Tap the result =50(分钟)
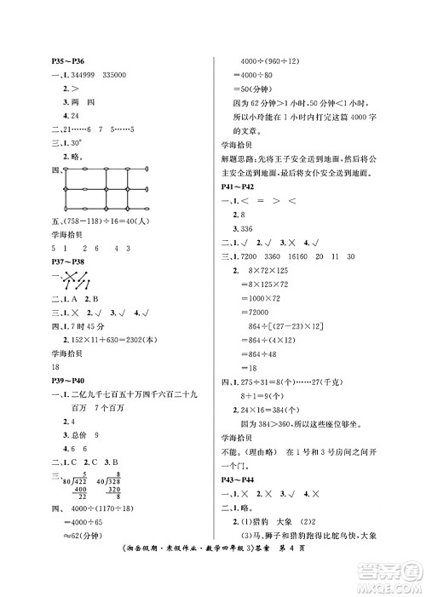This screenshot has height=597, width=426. [255, 89]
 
